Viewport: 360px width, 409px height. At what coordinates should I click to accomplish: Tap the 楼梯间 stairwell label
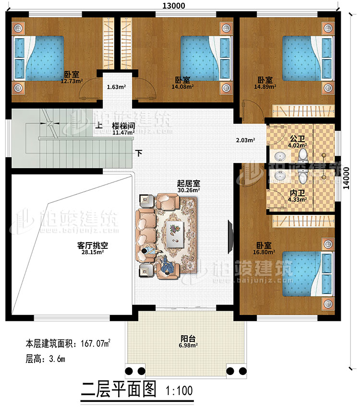coord(123,126)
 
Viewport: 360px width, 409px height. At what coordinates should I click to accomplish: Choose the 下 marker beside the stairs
coord(139,154)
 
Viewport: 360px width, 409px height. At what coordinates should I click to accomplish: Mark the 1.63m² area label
coord(116,88)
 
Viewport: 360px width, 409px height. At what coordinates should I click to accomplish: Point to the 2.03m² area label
coord(245,140)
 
